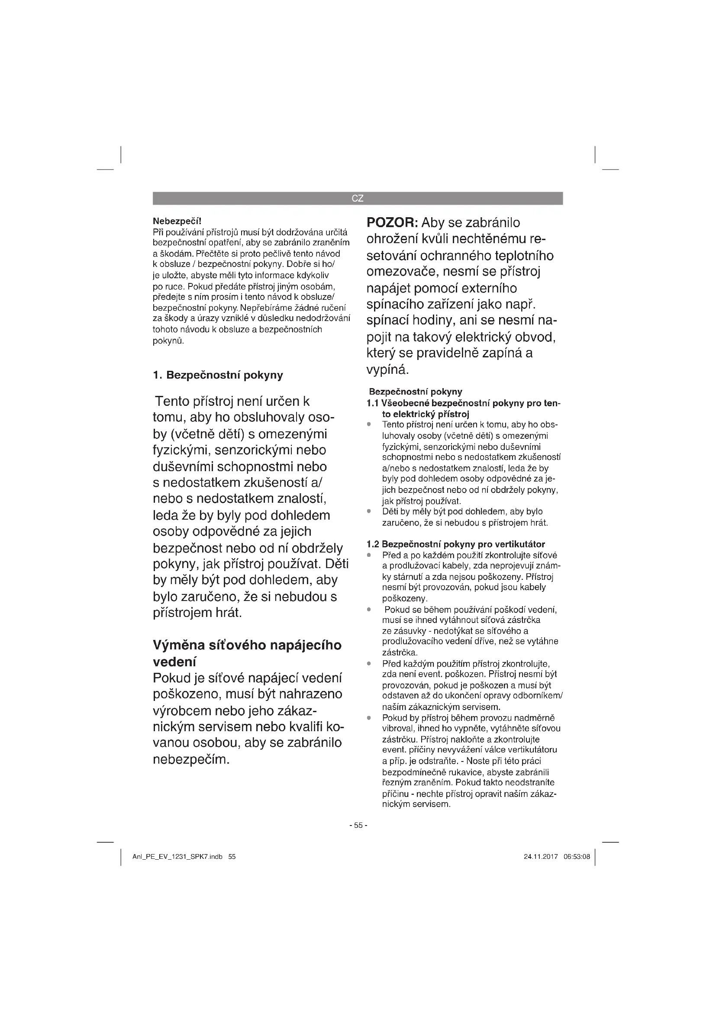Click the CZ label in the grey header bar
click(x=358, y=198)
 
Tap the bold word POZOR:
click(x=392, y=223)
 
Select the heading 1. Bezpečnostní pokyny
click(x=218, y=375)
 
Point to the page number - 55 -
click(x=358, y=825)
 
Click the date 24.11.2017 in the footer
click(x=541, y=857)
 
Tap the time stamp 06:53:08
click(x=577, y=857)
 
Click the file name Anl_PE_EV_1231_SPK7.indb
click(x=177, y=857)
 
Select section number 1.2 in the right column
click(x=373, y=544)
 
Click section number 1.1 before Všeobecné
click(x=373, y=403)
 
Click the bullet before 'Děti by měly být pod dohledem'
click(x=369, y=512)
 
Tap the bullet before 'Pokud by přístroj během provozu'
click(x=369, y=718)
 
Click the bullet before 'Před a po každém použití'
click(x=369, y=556)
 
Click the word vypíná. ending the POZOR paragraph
click(x=388, y=369)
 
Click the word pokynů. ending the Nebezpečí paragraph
click(x=168, y=341)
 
